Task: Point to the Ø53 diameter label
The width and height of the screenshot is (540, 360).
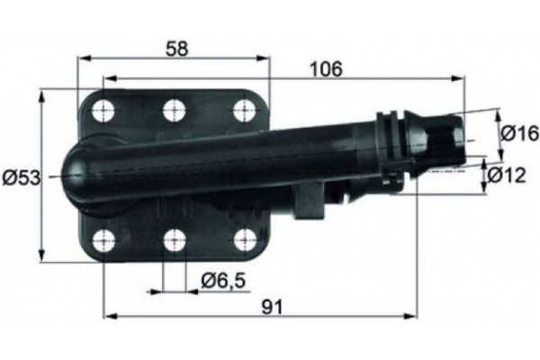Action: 19,177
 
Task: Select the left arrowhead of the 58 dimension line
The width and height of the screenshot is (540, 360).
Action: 84,59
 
